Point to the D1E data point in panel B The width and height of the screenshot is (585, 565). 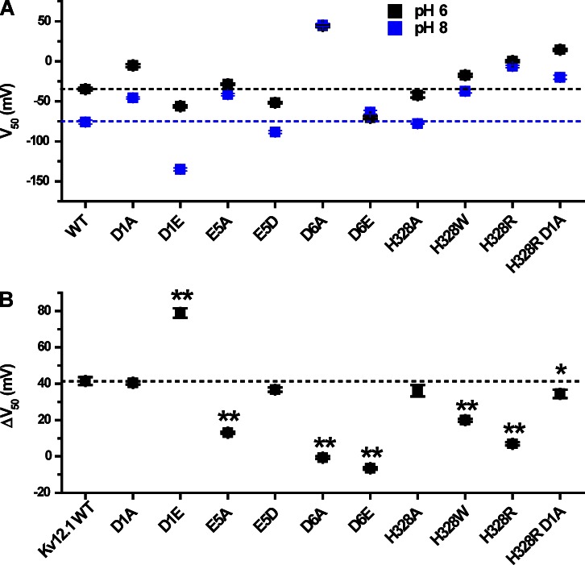pos(180,313)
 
